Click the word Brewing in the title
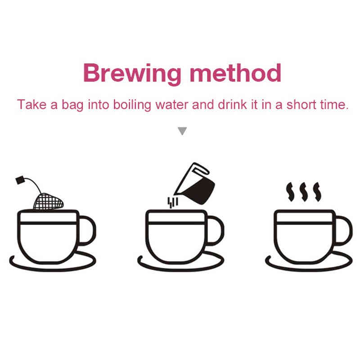[132, 73]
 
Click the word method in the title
[235, 72]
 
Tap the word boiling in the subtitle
[132, 105]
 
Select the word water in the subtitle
[172, 105]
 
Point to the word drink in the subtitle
[232, 104]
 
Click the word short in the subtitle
[301, 105]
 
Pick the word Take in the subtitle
[31, 104]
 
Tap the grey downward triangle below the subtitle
[182, 131]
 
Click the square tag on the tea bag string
[20, 180]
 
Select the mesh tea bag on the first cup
[49, 201]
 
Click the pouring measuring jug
[195, 184]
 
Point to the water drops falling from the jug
[173, 202]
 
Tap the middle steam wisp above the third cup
[303, 192]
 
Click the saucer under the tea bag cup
[53, 269]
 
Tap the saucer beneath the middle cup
[181, 269]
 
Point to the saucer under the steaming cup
[309, 269]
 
